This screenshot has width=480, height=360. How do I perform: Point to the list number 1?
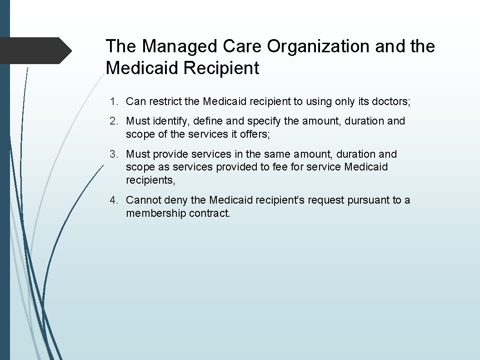113,101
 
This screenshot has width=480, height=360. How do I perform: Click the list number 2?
113,121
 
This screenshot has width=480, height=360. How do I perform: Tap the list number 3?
113,155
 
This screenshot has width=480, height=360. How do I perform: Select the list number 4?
113,200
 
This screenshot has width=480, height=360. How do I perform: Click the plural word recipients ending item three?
150,180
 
